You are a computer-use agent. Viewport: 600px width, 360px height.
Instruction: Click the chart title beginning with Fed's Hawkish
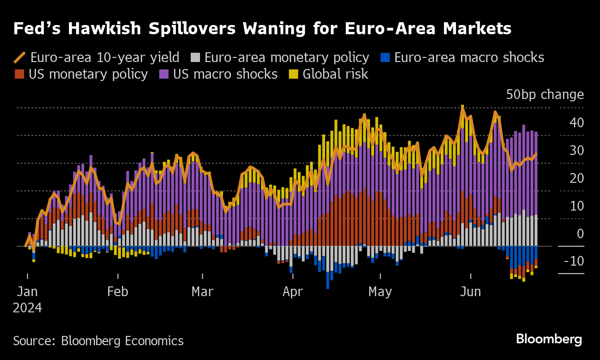(x=262, y=28)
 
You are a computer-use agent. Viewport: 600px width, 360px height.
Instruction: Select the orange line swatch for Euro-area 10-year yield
(x=19, y=57)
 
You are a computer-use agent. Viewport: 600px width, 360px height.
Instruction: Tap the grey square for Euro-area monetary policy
(x=195, y=57)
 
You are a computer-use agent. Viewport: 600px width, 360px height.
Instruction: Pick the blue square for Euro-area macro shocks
(x=385, y=57)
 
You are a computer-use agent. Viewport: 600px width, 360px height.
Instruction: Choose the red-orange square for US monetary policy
(x=19, y=74)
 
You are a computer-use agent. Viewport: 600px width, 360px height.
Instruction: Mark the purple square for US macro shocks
(x=164, y=74)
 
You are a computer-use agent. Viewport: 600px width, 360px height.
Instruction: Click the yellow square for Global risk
(x=294, y=74)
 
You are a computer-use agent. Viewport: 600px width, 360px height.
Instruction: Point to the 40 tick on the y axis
(x=576, y=123)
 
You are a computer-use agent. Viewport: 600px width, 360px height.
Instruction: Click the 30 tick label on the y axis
(x=576, y=151)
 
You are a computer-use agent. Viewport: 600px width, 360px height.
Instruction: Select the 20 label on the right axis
(x=576, y=179)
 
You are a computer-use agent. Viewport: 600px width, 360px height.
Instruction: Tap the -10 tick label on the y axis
(x=574, y=261)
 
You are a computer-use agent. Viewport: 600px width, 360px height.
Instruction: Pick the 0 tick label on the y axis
(x=580, y=234)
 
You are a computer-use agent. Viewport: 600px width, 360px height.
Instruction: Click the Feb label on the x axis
(x=118, y=292)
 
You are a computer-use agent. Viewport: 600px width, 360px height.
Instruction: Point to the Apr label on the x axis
(x=293, y=292)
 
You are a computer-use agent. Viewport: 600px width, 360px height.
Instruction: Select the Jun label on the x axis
(x=470, y=292)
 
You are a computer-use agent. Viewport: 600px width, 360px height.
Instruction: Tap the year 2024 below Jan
(x=27, y=308)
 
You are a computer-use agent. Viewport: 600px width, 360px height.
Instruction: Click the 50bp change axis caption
(x=545, y=94)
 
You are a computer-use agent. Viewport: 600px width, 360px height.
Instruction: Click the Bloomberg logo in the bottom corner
(x=549, y=339)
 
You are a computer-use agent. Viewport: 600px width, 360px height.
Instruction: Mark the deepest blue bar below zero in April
(x=328, y=280)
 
